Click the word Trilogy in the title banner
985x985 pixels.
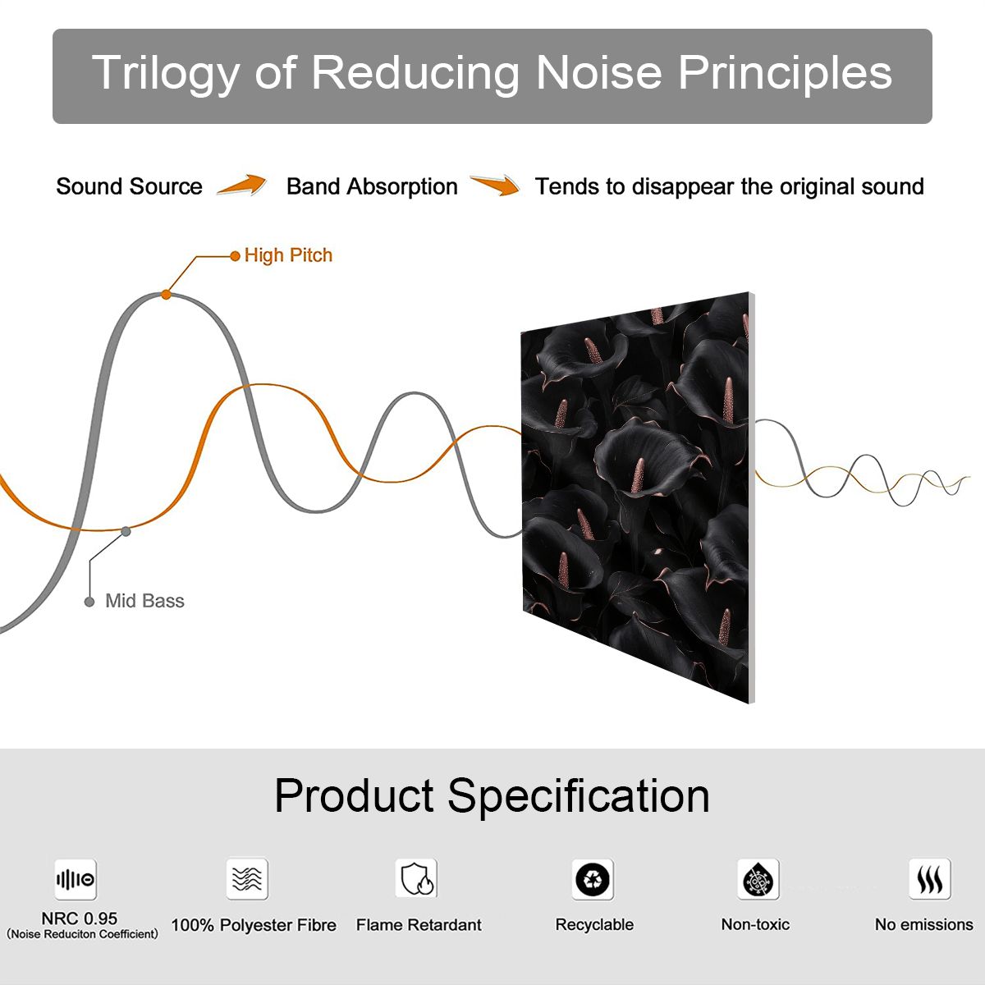click(166, 73)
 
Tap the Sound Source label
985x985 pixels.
click(130, 186)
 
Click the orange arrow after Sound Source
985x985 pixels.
click(242, 185)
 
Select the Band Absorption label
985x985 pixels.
click(372, 186)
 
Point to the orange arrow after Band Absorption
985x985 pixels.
click(495, 185)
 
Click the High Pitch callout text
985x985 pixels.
click(288, 255)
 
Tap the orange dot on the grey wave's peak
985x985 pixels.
click(166, 295)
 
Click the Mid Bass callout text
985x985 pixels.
click(144, 601)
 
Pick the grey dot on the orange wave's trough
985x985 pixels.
click(126, 532)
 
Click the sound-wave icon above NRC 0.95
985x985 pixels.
click(76, 879)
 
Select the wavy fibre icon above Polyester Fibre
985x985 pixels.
click(247, 878)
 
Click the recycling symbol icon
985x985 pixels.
click(593, 879)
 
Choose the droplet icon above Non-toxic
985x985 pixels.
click(758, 879)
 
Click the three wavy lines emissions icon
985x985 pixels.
click(930, 879)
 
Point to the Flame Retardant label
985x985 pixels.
click(419, 925)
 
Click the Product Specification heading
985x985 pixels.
click(492, 796)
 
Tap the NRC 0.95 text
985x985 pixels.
click(80, 918)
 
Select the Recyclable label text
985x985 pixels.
click(594, 925)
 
